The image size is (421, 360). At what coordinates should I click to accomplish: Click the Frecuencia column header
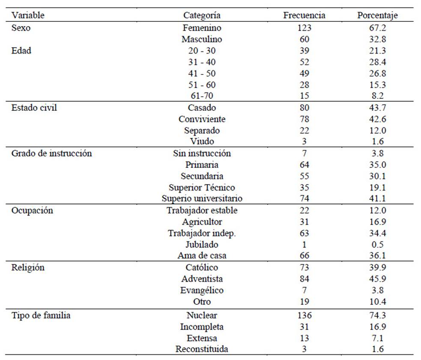pos(304,15)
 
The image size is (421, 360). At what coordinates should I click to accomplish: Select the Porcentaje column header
pos(377,15)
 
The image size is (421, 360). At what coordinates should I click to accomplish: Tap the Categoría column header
pos(202,15)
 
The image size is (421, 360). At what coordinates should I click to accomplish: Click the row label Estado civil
pos(34,107)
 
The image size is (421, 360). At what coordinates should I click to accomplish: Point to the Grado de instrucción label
pos(51,153)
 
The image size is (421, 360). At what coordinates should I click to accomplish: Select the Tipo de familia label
pos(41,315)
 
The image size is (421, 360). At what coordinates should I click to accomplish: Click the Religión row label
pos(28,268)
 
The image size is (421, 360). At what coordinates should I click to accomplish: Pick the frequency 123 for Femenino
pos(304,28)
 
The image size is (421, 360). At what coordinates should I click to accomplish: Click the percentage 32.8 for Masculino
pos(377,39)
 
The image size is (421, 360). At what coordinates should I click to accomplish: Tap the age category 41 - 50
pos(202,73)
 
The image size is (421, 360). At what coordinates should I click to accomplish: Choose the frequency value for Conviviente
pos(304,119)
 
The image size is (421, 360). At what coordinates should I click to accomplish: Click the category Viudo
pos(202,141)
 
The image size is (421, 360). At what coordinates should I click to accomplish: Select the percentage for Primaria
pos(377,164)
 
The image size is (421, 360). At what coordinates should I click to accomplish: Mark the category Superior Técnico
pos(202,187)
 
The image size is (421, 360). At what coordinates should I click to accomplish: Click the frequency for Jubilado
pos(304,244)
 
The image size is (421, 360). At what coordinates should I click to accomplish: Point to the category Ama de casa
pos(202,255)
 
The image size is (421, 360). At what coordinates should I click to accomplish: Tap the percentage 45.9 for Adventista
pos(377,279)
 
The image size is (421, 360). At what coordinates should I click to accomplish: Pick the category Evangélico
pos(202,291)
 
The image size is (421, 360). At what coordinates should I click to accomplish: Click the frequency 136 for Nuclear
pos(304,315)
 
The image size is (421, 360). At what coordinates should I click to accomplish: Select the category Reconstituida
pos(202,349)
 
